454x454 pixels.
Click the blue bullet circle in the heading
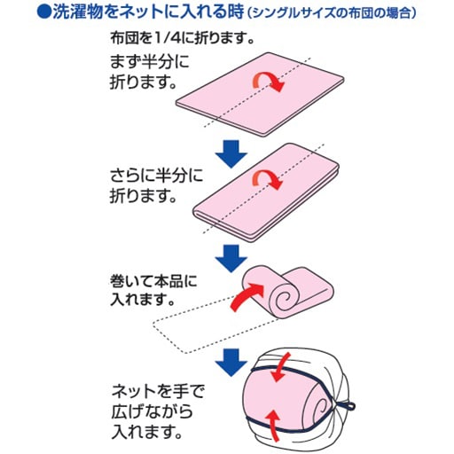44,12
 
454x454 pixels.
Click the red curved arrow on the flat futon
269,82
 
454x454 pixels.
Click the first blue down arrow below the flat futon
231,154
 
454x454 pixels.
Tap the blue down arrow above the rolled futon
231,259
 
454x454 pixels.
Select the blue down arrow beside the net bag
231,363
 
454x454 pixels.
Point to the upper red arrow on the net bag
280,368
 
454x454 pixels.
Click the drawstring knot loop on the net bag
348,405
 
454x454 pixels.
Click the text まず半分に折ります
149,73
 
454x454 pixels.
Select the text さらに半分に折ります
156,185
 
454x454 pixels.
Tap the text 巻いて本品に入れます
153,291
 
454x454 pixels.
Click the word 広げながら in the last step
153,411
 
